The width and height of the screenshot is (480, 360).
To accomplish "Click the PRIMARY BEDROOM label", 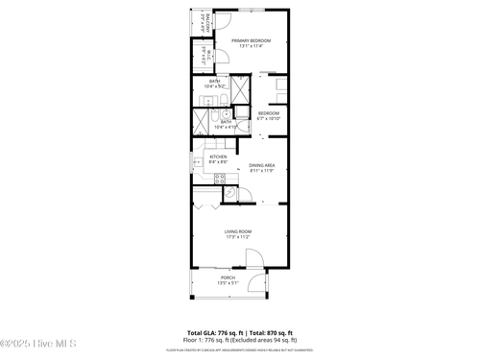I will pyautogui.click(x=252, y=40).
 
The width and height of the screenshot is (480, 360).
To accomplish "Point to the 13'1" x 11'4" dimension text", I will pyautogui.click(x=252, y=46).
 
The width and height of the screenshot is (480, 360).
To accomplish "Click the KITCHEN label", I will pyautogui.click(x=218, y=156).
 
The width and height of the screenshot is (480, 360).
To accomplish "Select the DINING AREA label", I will pyautogui.click(x=262, y=166).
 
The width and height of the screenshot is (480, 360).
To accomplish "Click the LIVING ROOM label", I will pyautogui.click(x=238, y=231).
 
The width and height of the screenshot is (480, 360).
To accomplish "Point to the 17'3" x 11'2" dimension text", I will pyautogui.click(x=238, y=237).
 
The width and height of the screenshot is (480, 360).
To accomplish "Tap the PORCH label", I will pyautogui.click(x=228, y=278).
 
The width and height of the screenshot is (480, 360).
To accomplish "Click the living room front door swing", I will pyautogui.click(x=254, y=257).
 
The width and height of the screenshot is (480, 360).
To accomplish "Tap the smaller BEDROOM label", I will pyautogui.click(x=268, y=113).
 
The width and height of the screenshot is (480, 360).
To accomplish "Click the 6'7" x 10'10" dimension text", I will pyautogui.click(x=268, y=119).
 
